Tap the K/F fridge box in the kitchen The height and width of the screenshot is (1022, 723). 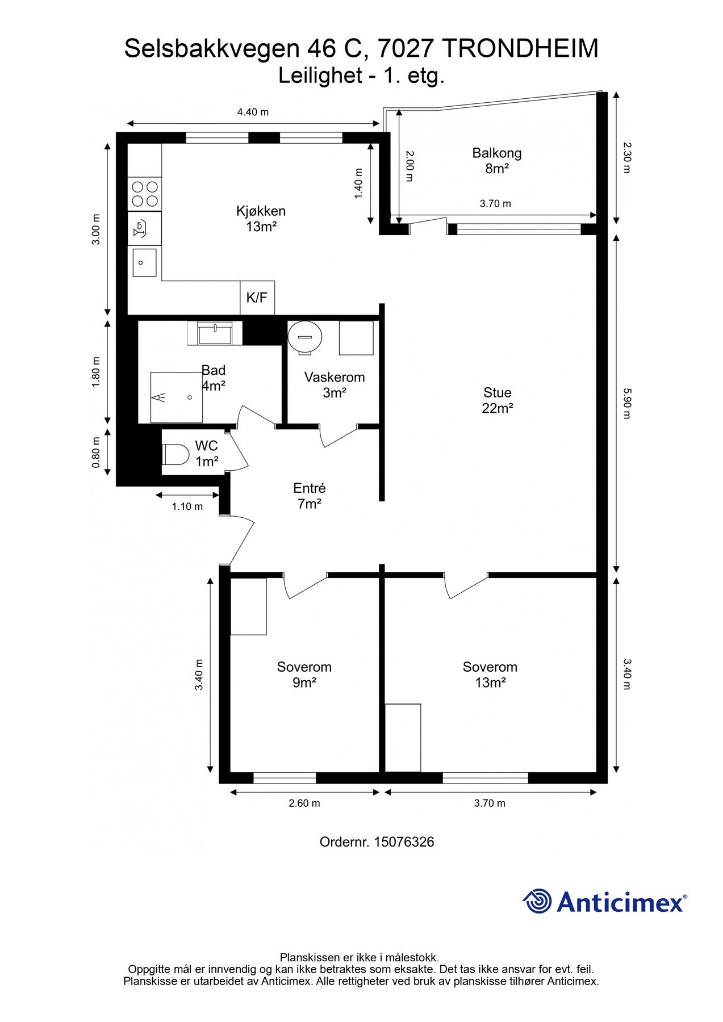pyautogui.click(x=257, y=298)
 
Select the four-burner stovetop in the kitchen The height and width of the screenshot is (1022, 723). pyautogui.click(x=145, y=193)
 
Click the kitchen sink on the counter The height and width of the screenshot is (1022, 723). pyautogui.click(x=144, y=263)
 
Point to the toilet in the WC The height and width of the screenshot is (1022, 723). pyautogui.click(x=175, y=454)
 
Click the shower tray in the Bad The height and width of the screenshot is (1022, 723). pyautogui.click(x=176, y=397)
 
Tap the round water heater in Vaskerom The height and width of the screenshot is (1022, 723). pyautogui.click(x=304, y=337)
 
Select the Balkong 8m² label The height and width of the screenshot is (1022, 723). pyautogui.click(x=496, y=161)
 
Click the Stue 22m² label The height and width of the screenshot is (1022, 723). pyautogui.click(x=498, y=400)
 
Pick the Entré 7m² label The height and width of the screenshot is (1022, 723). pyautogui.click(x=310, y=496)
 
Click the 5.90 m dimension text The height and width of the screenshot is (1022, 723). pyautogui.click(x=626, y=403)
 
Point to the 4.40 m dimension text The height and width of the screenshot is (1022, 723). pyautogui.click(x=253, y=112)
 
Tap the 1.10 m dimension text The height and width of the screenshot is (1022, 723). pyautogui.click(x=187, y=506)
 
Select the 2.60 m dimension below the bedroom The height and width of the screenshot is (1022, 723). pyautogui.click(x=304, y=803)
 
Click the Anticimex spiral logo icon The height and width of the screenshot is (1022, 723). pyautogui.click(x=537, y=901)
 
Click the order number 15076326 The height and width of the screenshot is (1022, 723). pyautogui.click(x=404, y=842)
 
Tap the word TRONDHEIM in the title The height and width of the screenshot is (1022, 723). pyautogui.click(x=520, y=49)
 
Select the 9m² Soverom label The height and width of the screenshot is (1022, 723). pyautogui.click(x=304, y=675)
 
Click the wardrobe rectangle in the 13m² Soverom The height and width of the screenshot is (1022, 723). pyautogui.click(x=403, y=738)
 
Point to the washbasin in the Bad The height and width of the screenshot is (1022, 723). pyautogui.click(x=215, y=333)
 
